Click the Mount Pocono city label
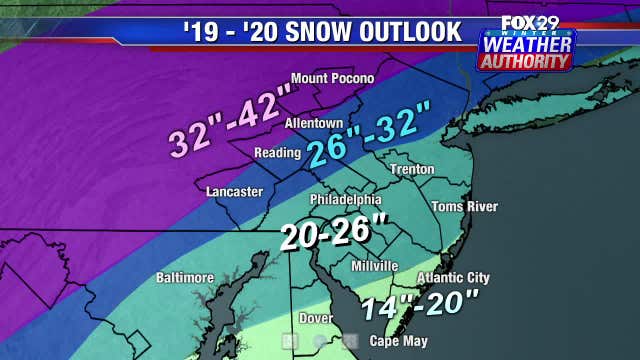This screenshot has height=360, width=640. [332, 78]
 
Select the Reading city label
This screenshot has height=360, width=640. [277, 153]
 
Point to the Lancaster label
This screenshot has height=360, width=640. [234, 191]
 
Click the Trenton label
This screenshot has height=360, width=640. [413, 169]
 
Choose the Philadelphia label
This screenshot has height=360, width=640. [346, 199]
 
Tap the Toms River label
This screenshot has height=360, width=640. [464, 207]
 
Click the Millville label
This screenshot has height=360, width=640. [375, 266]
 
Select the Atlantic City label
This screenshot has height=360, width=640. [453, 277]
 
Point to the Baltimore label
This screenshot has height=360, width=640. [185, 277]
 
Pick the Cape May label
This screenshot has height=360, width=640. [398, 341]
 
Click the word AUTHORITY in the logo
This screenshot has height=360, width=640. [526, 62]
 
